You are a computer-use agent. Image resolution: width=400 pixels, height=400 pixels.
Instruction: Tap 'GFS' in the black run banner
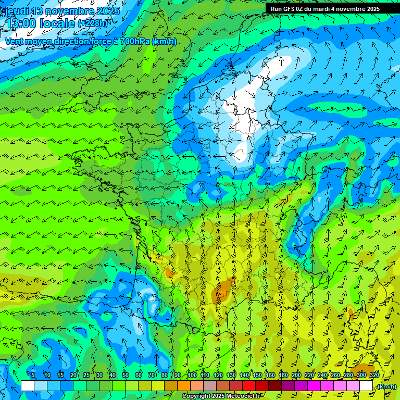coord(290,9)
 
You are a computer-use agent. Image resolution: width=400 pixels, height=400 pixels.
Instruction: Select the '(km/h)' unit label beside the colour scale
coord(386,386)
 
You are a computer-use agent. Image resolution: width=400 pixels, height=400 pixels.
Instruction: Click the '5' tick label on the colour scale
coord(33,375)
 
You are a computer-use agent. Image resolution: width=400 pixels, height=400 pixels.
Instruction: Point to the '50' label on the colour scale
coord(125,375)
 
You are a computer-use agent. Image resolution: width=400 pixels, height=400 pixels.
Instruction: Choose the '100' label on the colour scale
coord(192,375)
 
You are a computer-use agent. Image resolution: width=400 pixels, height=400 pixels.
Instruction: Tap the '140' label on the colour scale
coord(244,375)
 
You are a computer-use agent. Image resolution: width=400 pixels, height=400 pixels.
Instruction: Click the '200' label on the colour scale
coord(296,375)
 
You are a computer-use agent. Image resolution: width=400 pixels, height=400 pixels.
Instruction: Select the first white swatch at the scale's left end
coord(28,386)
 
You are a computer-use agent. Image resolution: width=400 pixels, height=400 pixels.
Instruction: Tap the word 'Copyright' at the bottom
coord(196,396)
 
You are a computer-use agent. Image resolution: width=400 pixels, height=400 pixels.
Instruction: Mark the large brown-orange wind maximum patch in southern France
coord(223,291)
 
